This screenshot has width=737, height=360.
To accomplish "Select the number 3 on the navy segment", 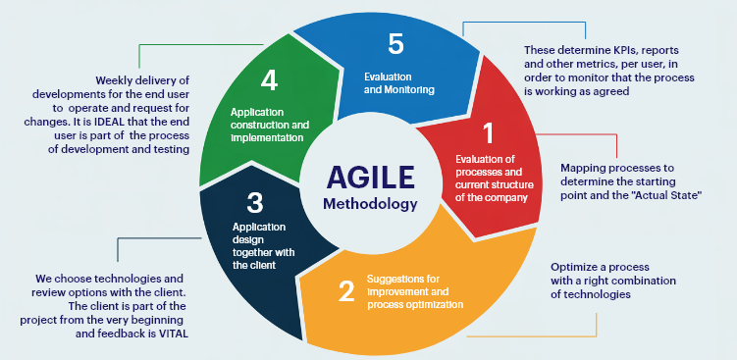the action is (x=255, y=203).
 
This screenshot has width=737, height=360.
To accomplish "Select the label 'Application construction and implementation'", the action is (x=269, y=125).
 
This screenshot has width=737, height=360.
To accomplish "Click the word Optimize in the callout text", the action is (x=575, y=266).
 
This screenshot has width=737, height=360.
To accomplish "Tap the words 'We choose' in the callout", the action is (x=66, y=279).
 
